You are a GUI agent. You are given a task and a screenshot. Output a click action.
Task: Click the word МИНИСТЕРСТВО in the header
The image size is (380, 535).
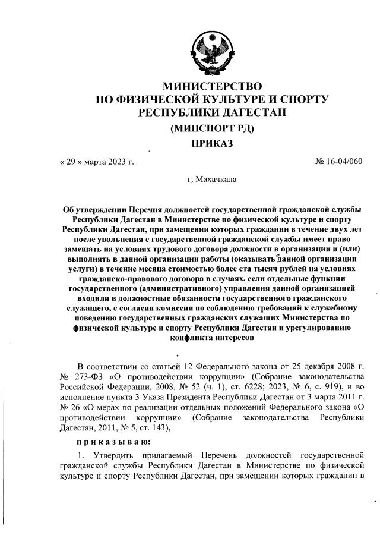pos(212,87)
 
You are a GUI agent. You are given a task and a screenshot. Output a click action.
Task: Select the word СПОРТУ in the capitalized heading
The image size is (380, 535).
pos(300,99)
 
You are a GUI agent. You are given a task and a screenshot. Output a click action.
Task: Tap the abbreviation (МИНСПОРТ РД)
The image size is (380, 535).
pos(212,128)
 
